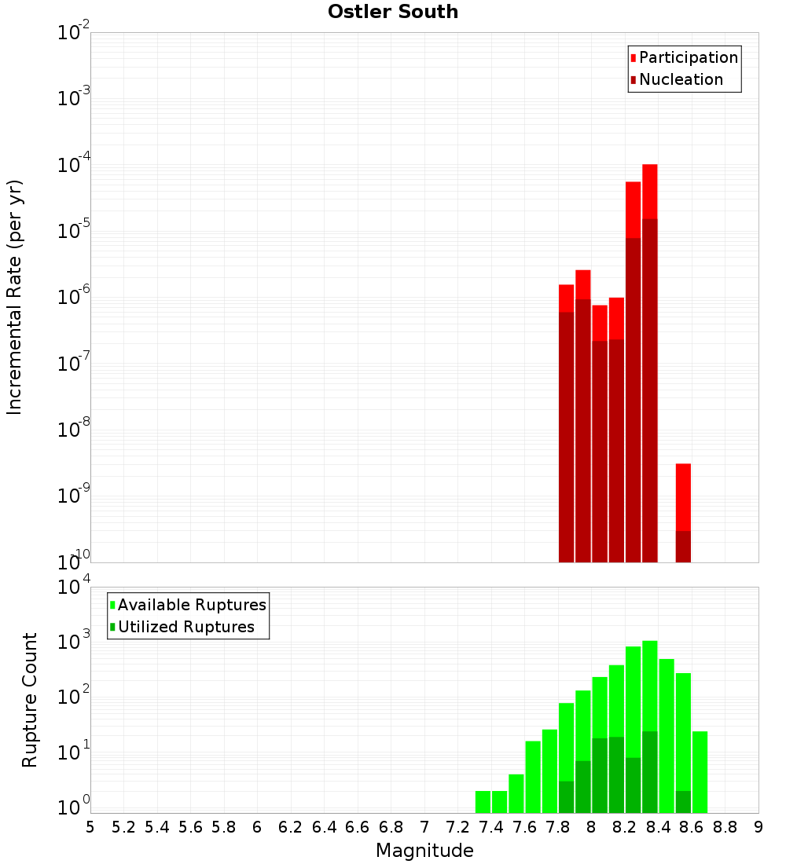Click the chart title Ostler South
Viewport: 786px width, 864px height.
[393, 13]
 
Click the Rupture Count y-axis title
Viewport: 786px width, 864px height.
[30, 700]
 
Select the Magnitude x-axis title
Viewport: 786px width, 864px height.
[424, 851]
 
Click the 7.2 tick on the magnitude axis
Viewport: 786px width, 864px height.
[457, 826]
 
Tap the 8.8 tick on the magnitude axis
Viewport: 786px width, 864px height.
[725, 826]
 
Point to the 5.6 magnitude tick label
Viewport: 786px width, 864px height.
[190, 826]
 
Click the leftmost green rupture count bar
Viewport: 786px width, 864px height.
[483, 802]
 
